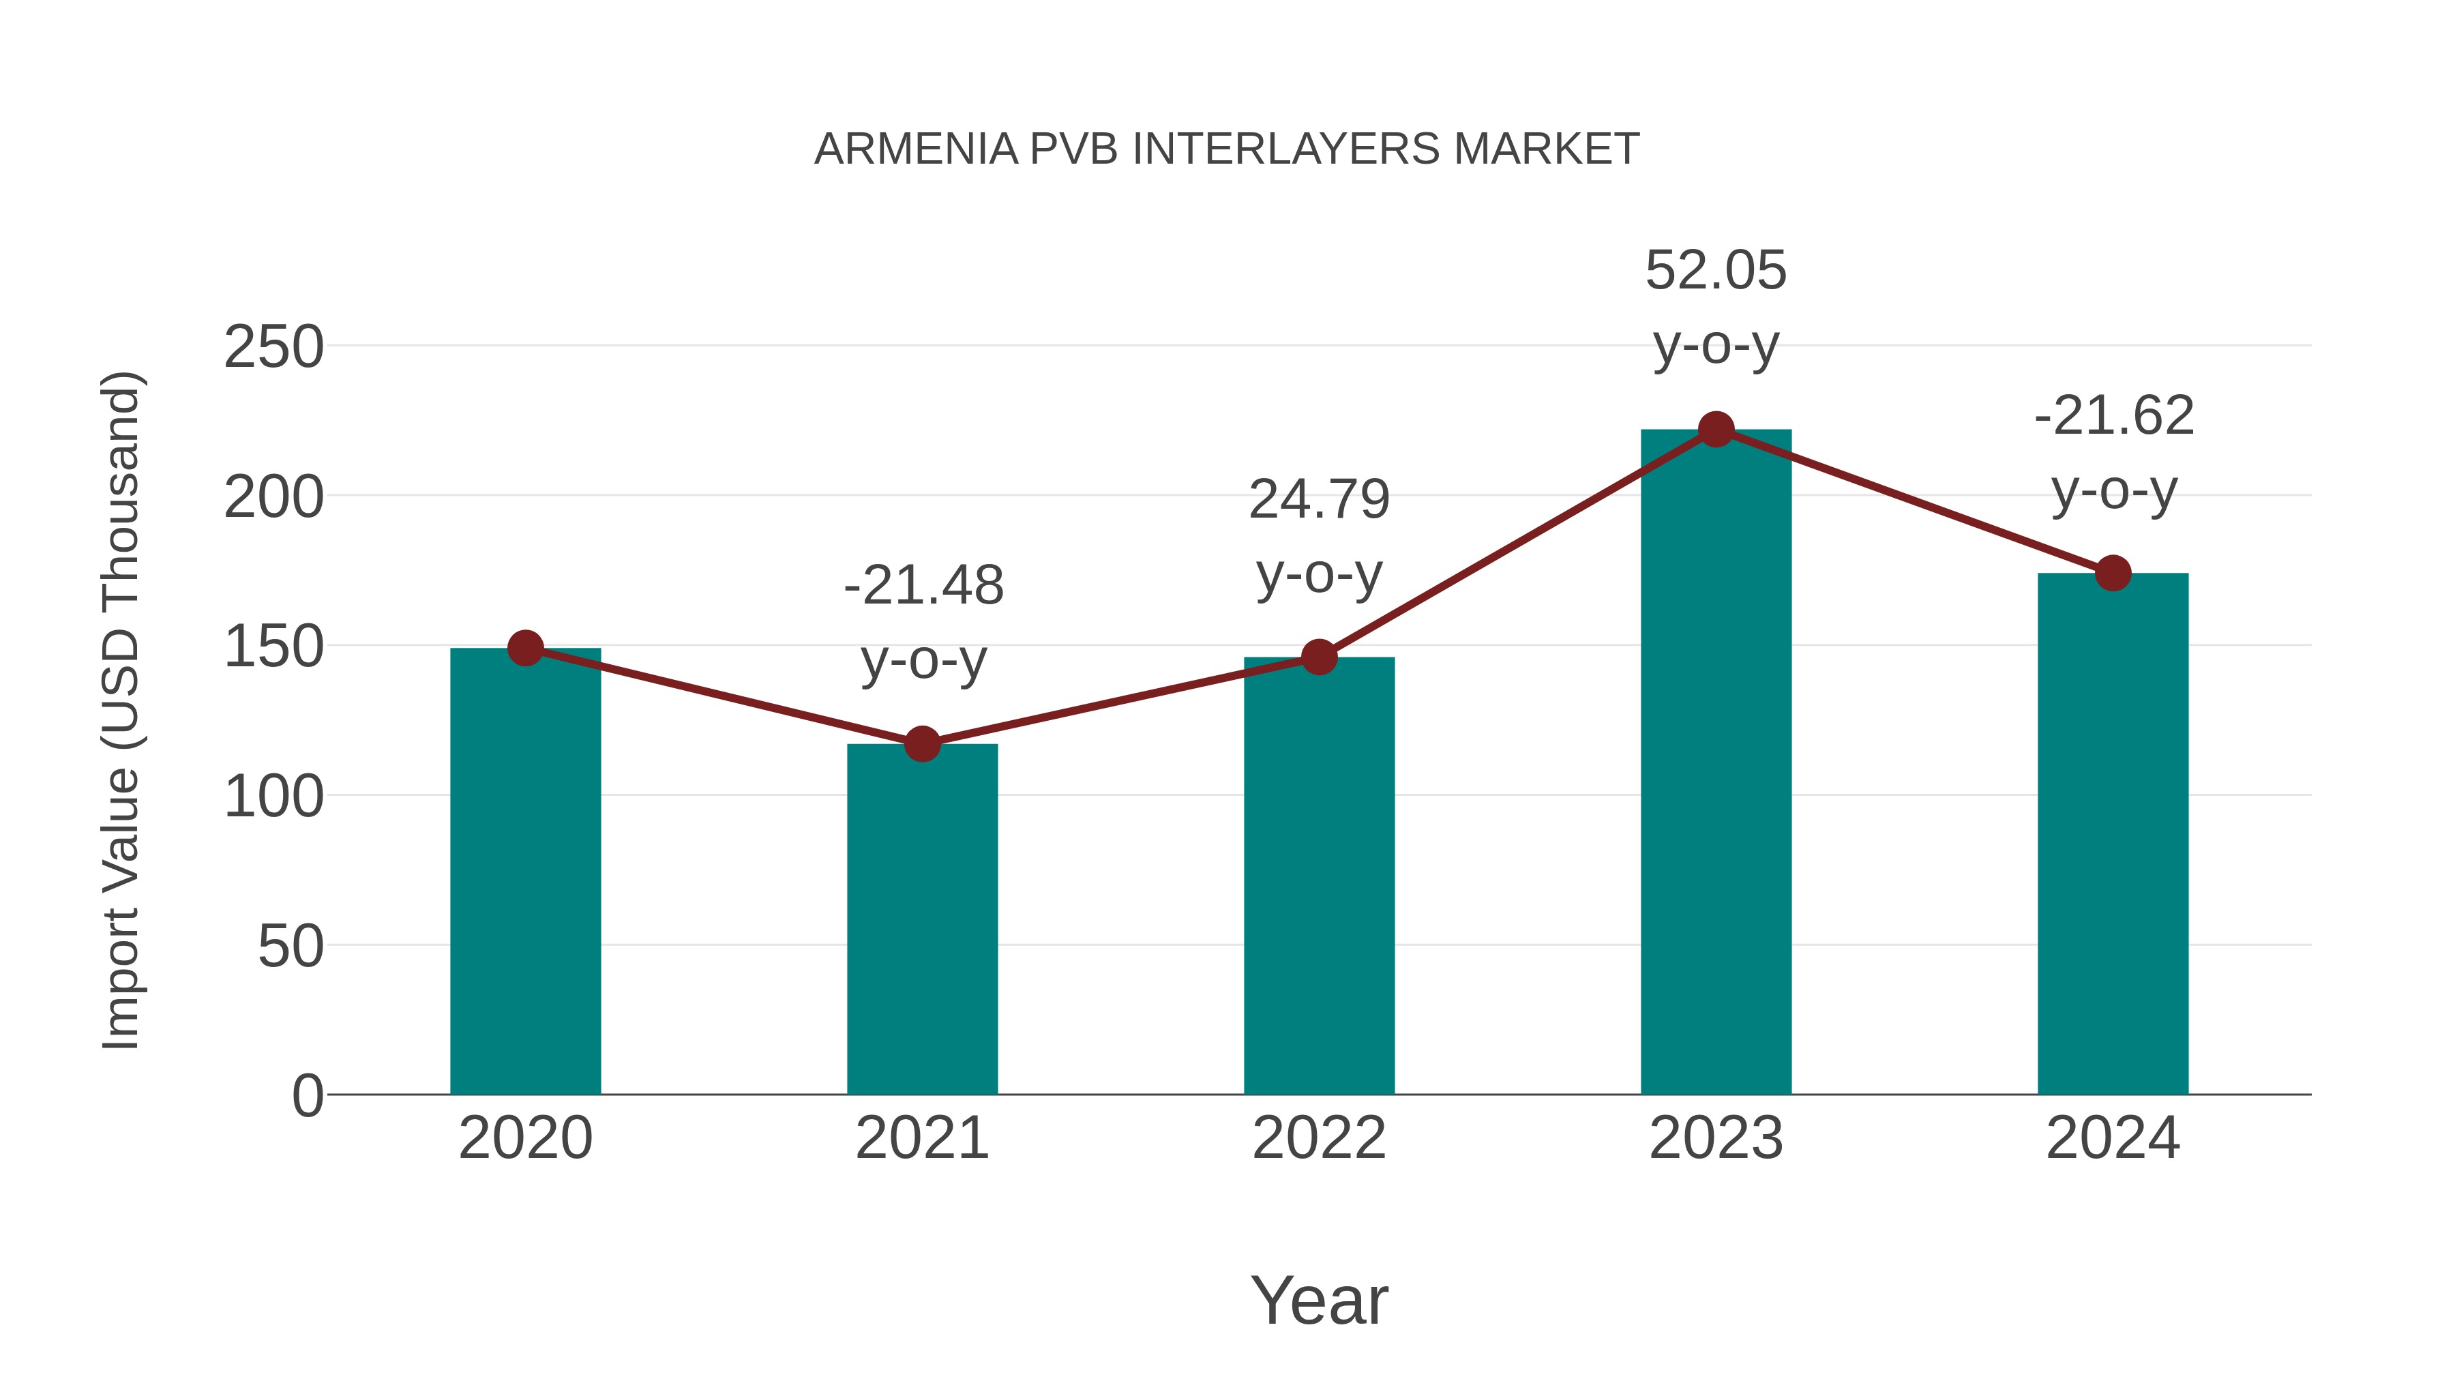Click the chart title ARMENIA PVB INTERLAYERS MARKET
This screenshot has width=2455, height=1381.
[1227, 149]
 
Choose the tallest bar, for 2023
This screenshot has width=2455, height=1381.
[1716, 762]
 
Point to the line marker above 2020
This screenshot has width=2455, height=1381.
[525, 648]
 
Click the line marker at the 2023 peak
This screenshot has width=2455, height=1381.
[1716, 430]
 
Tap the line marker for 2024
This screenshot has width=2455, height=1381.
[2113, 574]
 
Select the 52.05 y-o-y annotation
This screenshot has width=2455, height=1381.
[1716, 307]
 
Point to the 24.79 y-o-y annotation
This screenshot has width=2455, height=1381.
[1319, 537]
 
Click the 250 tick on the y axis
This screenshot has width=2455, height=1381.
[273, 347]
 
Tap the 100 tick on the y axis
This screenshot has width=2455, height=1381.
[273, 797]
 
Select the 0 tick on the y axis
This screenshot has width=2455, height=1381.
[308, 1096]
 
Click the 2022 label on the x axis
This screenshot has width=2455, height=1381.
[1319, 1138]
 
